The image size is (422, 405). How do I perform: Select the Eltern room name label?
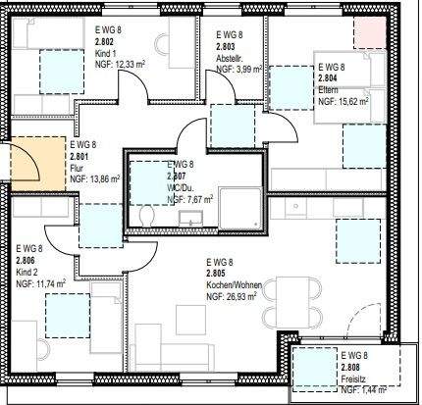click(329, 88)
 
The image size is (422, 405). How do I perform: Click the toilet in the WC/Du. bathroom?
click(146, 215)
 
